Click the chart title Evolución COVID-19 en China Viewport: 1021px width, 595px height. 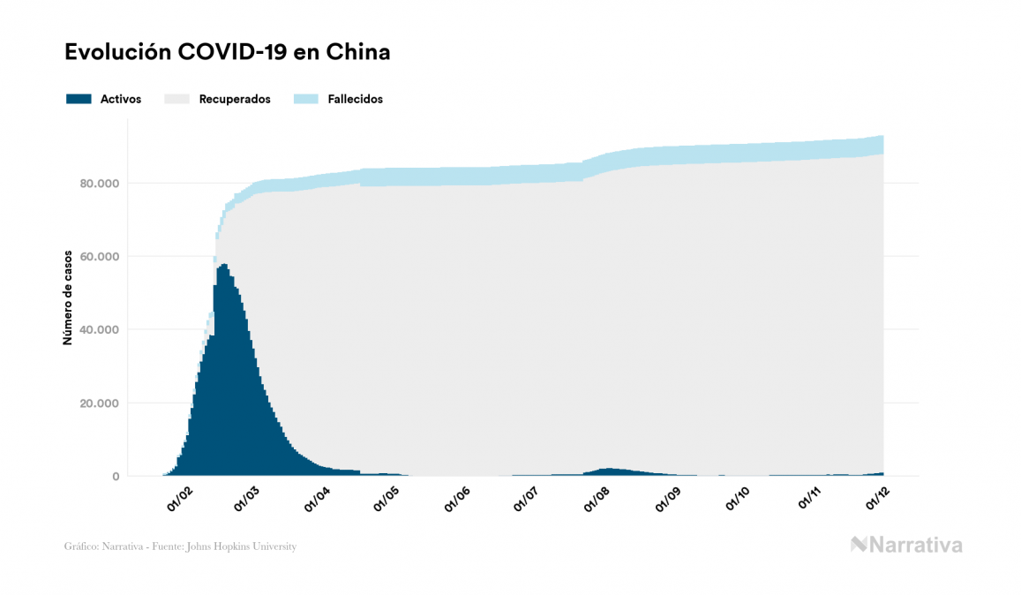(227, 53)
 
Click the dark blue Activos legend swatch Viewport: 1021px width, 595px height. (79, 99)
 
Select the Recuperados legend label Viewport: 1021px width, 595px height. (234, 99)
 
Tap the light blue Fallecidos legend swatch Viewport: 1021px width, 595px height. (304, 99)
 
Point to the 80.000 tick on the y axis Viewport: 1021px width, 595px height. (98, 184)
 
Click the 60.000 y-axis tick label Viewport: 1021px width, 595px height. (98, 257)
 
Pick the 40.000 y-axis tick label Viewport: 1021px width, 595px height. (98, 330)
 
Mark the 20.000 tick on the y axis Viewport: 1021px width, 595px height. (98, 403)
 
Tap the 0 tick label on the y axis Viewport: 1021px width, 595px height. (115, 477)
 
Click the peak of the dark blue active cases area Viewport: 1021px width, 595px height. (224, 267)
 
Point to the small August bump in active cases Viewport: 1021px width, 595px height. (607, 471)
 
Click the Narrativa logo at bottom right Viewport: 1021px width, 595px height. (906, 545)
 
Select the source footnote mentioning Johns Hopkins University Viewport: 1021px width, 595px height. (180, 546)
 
